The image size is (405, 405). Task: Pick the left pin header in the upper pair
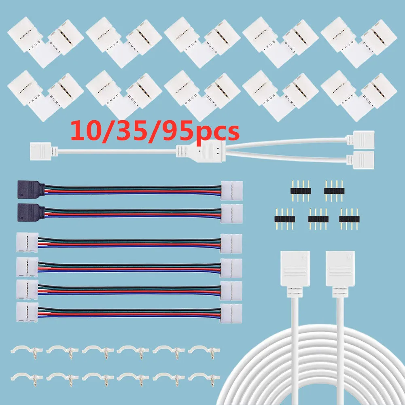point(300,188)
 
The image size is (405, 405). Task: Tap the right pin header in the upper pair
point(334,188)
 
